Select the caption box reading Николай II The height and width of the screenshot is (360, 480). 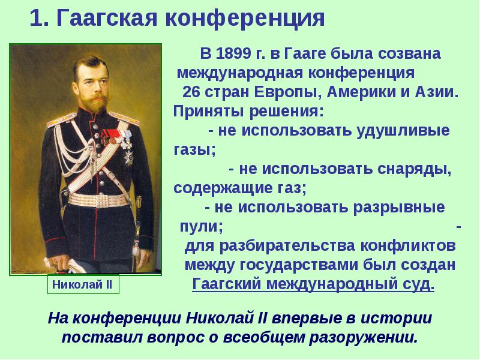coord(83,284)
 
